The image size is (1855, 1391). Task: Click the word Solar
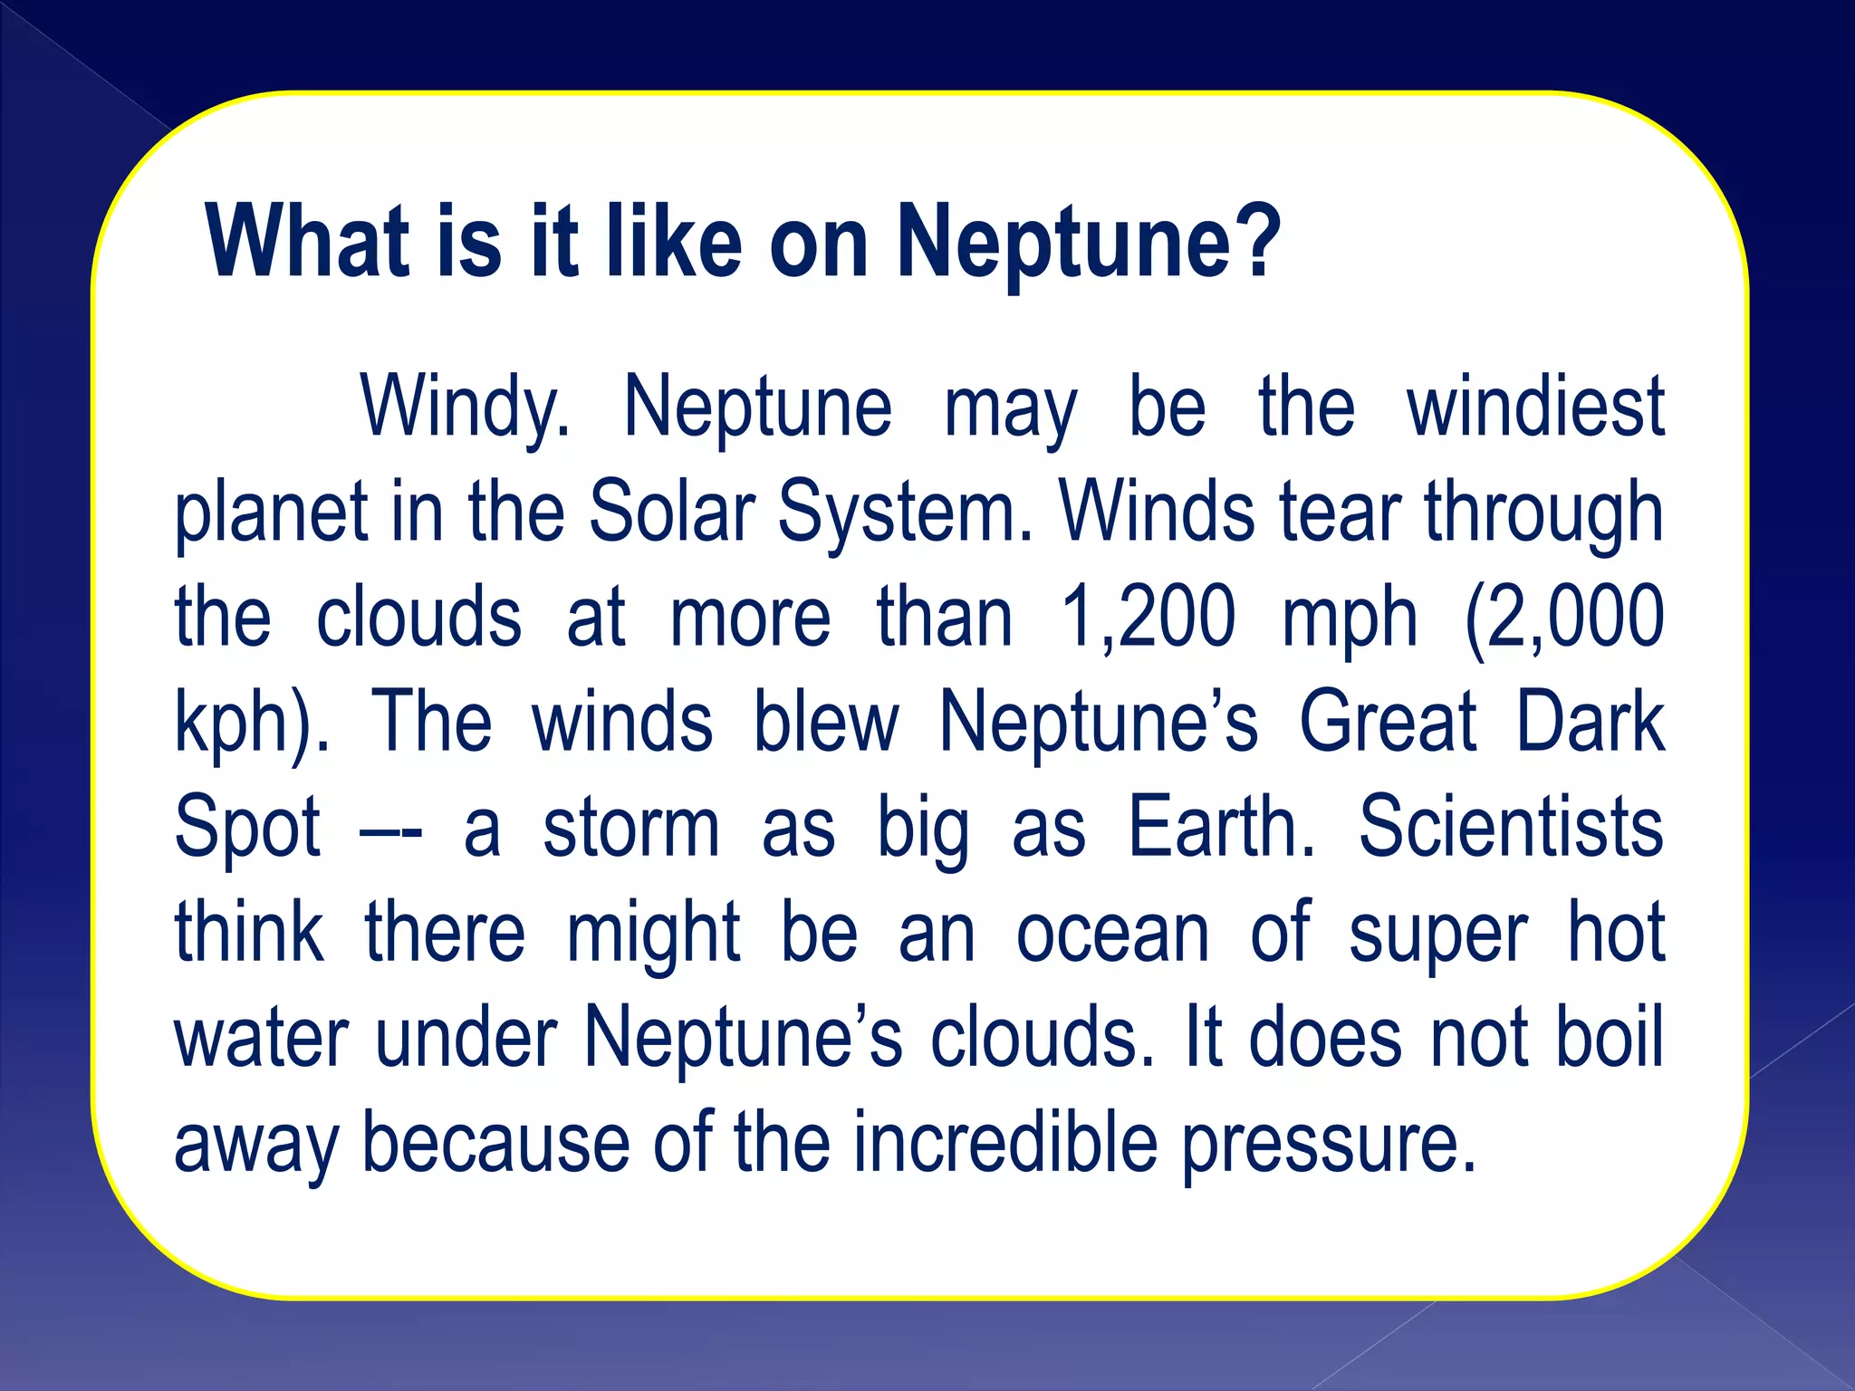point(671,513)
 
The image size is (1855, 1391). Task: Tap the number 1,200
point(1149,618)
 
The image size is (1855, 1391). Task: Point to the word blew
point(826,723)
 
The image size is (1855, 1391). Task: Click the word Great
point(1388,723)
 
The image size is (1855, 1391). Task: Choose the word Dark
point(1591,723)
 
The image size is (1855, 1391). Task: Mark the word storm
point(631,828)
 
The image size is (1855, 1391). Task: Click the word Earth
point(1219,828)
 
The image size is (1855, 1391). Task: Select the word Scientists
point(1511,828)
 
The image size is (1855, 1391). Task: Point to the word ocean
point(1112,933)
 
